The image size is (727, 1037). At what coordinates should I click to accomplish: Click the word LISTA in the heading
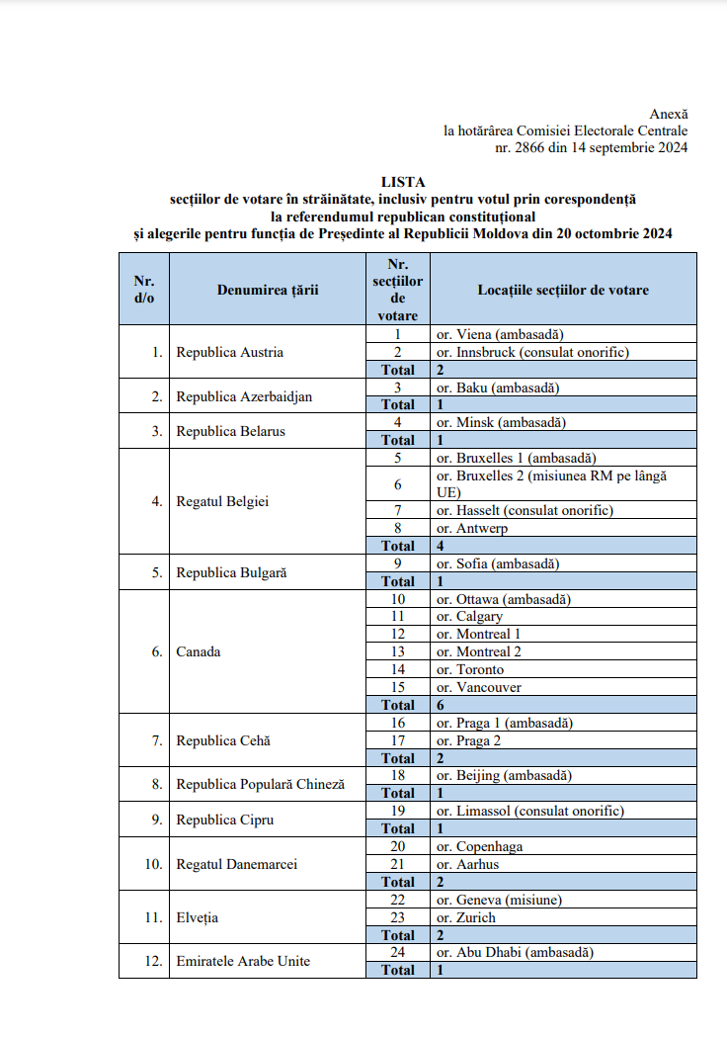pos(403,182)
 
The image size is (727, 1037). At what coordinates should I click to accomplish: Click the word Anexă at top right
pos(669,115)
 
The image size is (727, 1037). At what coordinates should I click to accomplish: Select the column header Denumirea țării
pos(268,290)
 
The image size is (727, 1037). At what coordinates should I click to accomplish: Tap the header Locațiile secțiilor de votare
pos(563,290)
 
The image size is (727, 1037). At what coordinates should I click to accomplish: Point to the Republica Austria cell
pos(230,352)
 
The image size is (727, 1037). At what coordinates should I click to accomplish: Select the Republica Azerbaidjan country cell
pos(244,396)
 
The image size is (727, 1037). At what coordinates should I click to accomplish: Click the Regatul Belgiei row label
pos(222,501)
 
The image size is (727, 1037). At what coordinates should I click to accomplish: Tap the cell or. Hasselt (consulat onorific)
pos(525,510)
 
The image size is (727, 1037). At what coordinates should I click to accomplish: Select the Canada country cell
pos(199,651)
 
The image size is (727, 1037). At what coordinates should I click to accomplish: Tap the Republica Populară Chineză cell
pos(261,784)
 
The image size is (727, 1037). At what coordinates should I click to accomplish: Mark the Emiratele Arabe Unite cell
pos(243,961)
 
